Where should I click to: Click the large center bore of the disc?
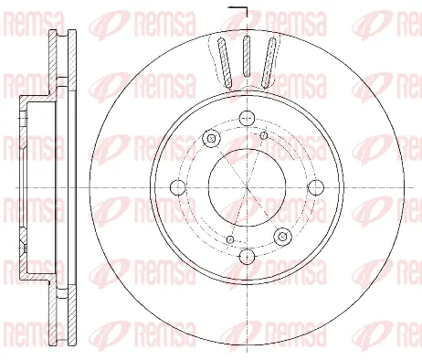247,187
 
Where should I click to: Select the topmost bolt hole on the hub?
247,118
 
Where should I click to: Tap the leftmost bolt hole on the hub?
178,187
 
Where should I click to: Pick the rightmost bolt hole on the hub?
316,187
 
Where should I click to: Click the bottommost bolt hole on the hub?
247,257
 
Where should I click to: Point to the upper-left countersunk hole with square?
211,139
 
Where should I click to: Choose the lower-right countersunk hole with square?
282,236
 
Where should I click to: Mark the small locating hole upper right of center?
264,135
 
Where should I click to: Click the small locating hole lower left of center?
230,239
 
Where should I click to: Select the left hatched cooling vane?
225,62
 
